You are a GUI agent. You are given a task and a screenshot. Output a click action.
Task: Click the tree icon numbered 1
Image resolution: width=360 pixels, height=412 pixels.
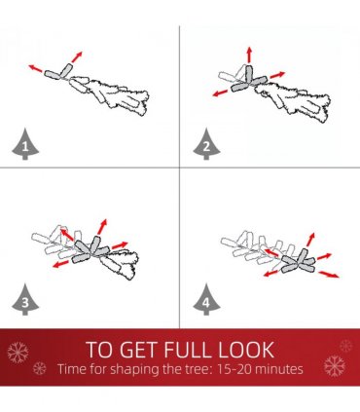click(x=25, y=145)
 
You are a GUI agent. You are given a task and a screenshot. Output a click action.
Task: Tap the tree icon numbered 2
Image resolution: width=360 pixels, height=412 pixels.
click(x=206, y=145)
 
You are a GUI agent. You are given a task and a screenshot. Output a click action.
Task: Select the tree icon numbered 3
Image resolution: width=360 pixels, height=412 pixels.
click(x=25, y=300)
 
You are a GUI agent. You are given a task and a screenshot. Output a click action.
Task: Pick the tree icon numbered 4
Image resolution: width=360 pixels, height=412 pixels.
click(x=206, y=300)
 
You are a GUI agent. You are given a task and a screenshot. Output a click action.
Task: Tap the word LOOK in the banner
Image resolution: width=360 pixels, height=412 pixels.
click(x=246, y=350)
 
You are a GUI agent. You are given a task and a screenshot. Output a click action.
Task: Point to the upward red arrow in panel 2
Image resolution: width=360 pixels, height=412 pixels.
click(x=249, y=55)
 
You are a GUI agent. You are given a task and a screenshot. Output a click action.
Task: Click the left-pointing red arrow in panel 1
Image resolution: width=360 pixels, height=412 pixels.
click(x=35, y=68)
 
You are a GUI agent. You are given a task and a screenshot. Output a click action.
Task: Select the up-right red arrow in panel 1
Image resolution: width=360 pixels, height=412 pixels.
click(x=77, y=56)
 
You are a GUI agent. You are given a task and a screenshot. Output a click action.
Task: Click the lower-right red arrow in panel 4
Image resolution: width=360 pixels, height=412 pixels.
click(x=329, y=275)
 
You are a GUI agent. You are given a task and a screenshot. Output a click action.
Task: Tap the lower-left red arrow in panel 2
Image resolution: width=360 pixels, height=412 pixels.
click(x=220, y=94)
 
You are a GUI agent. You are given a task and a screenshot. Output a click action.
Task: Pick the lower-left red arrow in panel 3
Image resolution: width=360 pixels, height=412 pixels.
click(x=60, y=264)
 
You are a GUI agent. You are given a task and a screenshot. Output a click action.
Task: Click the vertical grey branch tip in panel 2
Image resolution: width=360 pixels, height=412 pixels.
click(x=249, y=74)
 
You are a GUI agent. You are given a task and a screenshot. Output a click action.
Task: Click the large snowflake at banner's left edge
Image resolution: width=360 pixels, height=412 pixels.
click(x=18, y=353)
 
